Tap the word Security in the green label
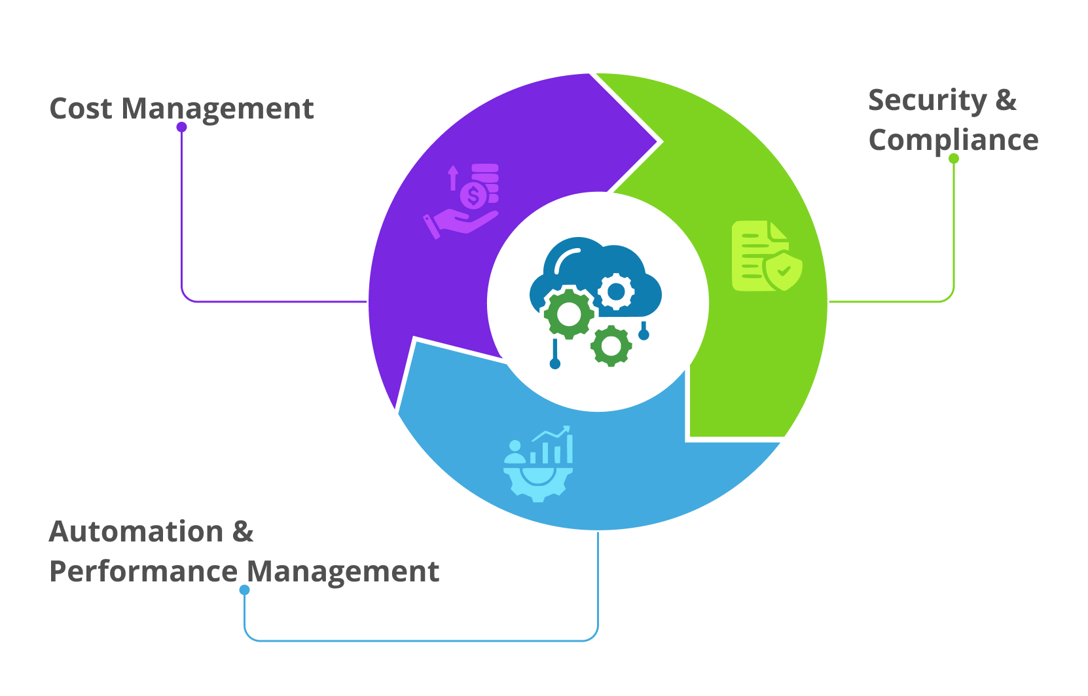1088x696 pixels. click(x=927, y=101)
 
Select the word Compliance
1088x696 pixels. click(x=953, y=140)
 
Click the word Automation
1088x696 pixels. click(x=136, y=532)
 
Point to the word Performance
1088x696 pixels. click(x=143, y=572)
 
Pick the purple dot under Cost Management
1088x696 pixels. click(x=182, y=127)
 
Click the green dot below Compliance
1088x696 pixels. click(x=954, y=158)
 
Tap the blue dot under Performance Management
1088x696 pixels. click(x=244, y=590)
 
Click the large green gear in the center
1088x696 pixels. click(x=569, y=314)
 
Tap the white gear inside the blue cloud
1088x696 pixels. click(x=616, y=291)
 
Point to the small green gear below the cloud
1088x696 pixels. click(x=611, y=346)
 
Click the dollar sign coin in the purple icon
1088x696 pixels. click(x=473, y=195)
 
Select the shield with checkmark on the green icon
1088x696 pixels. click(x=784, y=271)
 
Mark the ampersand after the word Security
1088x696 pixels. click(x=1006, y=101)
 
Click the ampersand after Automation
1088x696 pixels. click(x=243, y=532)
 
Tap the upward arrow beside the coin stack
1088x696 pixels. click(x=452, y=177)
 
